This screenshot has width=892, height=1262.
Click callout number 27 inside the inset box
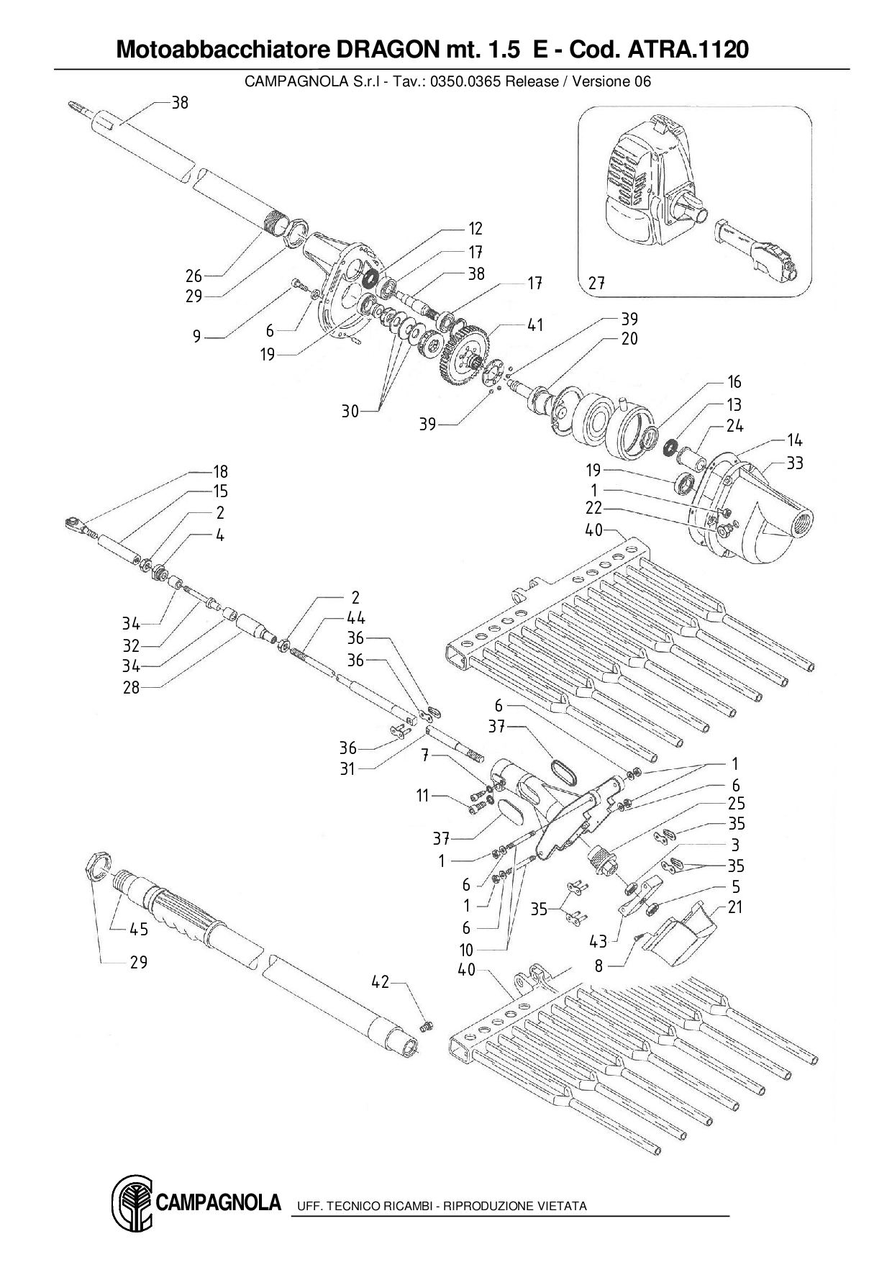(x=596, y=283)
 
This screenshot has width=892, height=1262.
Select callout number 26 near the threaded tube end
(x=194, y=276)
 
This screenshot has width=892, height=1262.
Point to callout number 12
(x=475, y=229)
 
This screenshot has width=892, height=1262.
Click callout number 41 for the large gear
(x=535, y=325)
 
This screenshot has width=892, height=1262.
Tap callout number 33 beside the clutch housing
(x=794, y=463)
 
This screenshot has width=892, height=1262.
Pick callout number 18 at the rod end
(x=220, y=471)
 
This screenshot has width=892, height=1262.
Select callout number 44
(x=356, y=617)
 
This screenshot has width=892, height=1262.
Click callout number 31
(x=347, y=768)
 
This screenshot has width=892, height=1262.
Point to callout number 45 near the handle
(x=139, y=930)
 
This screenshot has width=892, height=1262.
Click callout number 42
(x=380, y=981)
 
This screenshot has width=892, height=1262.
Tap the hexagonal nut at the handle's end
(x=98, y=862)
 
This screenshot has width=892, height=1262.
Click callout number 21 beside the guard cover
(x=734, y=907)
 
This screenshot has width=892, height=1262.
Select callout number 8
(x=599, y=966)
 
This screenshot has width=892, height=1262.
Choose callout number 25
(x=736, y=804)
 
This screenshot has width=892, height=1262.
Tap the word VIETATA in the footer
(x=562, y=1206)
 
